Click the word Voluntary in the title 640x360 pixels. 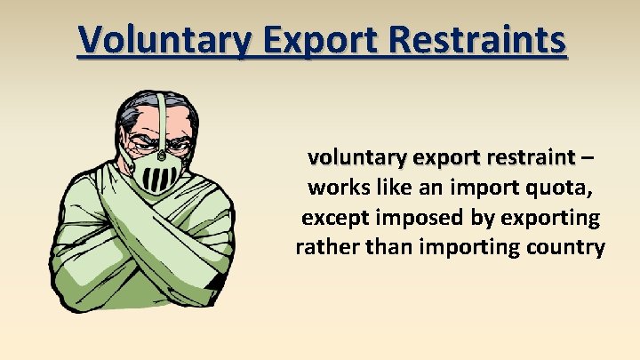pos(148,40)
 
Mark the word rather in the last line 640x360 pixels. pos(324,247)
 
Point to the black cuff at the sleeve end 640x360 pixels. pos(214,284)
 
